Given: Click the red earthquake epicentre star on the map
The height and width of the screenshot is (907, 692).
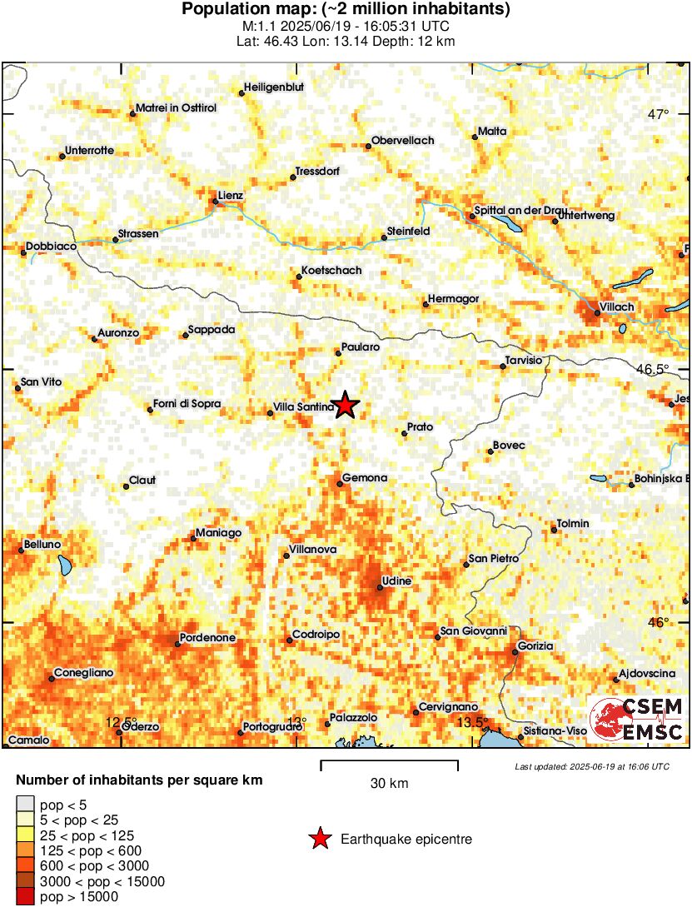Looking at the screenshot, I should [x=345, y=406].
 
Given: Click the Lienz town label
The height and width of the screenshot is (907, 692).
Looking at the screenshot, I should [x=230, y=196].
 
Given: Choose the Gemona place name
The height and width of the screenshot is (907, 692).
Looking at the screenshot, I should [x=366, y=477].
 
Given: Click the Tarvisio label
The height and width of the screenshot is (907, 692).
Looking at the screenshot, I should [x=525, y=360].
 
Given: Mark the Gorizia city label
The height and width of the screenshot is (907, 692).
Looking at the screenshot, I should [x=535, y=646].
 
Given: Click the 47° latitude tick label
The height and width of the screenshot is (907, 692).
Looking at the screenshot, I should [x=659, y=114].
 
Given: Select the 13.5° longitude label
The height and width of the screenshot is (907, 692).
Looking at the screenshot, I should [x=471, y=721].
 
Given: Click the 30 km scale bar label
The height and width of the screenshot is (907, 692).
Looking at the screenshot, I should [x=389, y=784].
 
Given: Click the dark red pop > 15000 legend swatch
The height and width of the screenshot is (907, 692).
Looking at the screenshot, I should [x=25, y=897].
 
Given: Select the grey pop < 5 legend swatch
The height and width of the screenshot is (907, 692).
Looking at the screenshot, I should [x=25, y=805].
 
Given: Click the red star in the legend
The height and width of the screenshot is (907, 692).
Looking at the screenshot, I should [x=319, y=840].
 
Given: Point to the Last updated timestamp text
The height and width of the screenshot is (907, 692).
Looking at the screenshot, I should [x=591, y=766].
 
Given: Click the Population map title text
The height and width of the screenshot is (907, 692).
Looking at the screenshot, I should [x=346, y=10].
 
